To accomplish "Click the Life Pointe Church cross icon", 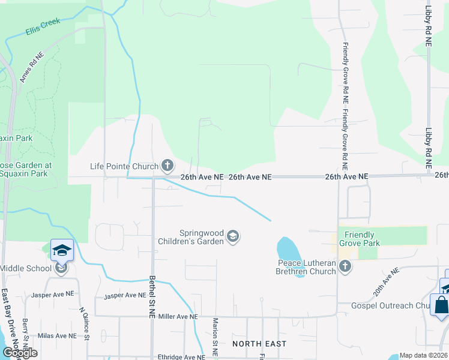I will pos(167,166).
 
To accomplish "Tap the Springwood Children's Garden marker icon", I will pos(234,238).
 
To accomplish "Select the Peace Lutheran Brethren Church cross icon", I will pos(345,267).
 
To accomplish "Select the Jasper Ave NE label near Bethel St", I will pos(125,295).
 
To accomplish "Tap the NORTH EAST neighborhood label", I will pos(260,344).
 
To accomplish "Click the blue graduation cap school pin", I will pos(62,250).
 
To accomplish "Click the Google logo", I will pos(20,353).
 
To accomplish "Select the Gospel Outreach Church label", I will pos(390,306).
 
